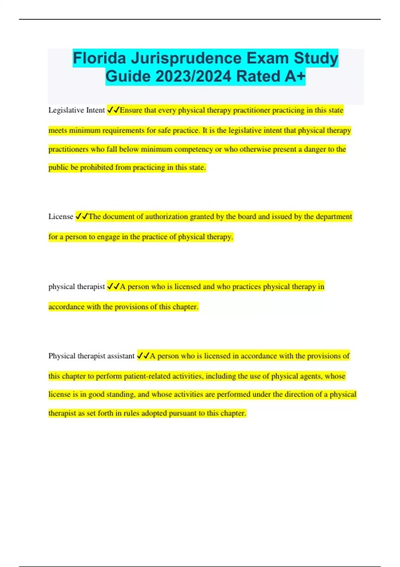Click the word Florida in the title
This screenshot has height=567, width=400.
point(99,58)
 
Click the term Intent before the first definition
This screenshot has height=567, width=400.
point(95,110)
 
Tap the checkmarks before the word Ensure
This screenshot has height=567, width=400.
point(113,110)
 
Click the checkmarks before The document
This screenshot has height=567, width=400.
point(82,216)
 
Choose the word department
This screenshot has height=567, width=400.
point(334,216)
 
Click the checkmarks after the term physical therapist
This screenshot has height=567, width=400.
point(113,287)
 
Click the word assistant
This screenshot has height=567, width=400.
point(119,356)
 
